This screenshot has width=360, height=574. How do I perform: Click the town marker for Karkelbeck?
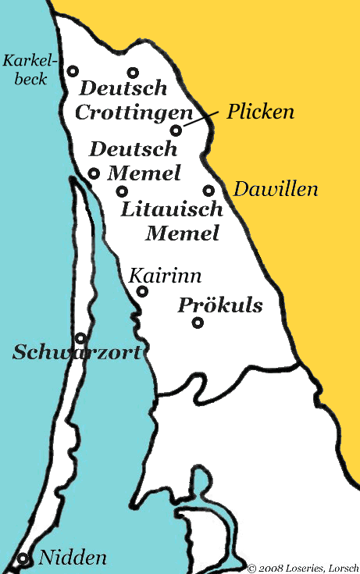(73, 70)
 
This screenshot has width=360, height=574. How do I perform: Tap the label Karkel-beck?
(25, 69)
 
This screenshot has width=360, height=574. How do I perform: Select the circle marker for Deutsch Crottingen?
(133, 73)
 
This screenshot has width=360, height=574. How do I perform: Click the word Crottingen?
(134, 112)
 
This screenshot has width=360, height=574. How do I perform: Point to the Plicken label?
(260, 112)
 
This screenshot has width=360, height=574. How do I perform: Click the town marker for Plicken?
(176, 130)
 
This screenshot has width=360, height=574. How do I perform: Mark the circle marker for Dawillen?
(209, 190)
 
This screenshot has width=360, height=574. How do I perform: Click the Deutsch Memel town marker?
(94, 173)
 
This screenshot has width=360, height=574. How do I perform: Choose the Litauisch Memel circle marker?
(122, 191)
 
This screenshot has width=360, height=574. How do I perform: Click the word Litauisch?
(173, 209)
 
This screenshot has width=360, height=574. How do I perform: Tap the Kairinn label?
(166, 276)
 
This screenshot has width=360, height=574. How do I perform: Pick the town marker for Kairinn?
(142, 291)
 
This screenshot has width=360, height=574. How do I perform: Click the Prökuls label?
(220, 305)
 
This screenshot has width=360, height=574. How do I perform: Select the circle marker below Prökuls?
(198, 323)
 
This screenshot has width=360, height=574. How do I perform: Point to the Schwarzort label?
(77, 353)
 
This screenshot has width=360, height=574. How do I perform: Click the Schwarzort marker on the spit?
(80, 338)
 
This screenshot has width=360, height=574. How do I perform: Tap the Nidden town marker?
(23, 558)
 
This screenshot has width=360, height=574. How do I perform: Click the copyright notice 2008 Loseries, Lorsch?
(303, 568)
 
